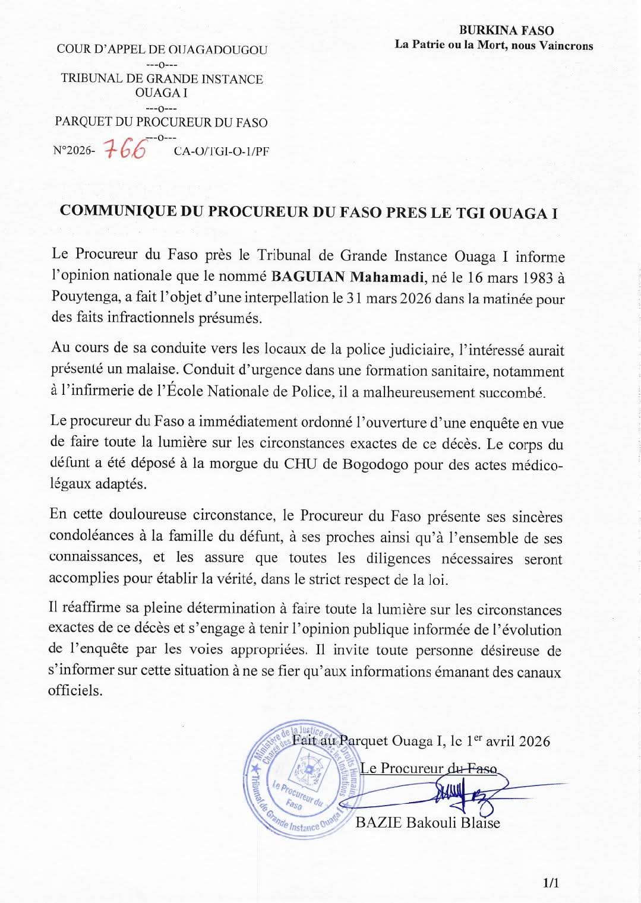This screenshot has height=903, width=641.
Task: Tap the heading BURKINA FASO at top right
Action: coord(506,31)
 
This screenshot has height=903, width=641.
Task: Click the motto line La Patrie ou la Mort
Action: coord(494,46)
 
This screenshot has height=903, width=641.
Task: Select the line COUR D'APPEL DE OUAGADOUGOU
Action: coord(162,50)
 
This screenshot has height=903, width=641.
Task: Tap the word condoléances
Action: coord(90,537)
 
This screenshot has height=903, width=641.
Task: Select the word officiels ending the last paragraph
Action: coord(75,691)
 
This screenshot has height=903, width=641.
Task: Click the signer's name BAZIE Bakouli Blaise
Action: coord(427,823)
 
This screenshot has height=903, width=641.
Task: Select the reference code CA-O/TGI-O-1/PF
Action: coord(221,151)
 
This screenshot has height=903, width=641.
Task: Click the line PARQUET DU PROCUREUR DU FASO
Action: coord(161,123)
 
